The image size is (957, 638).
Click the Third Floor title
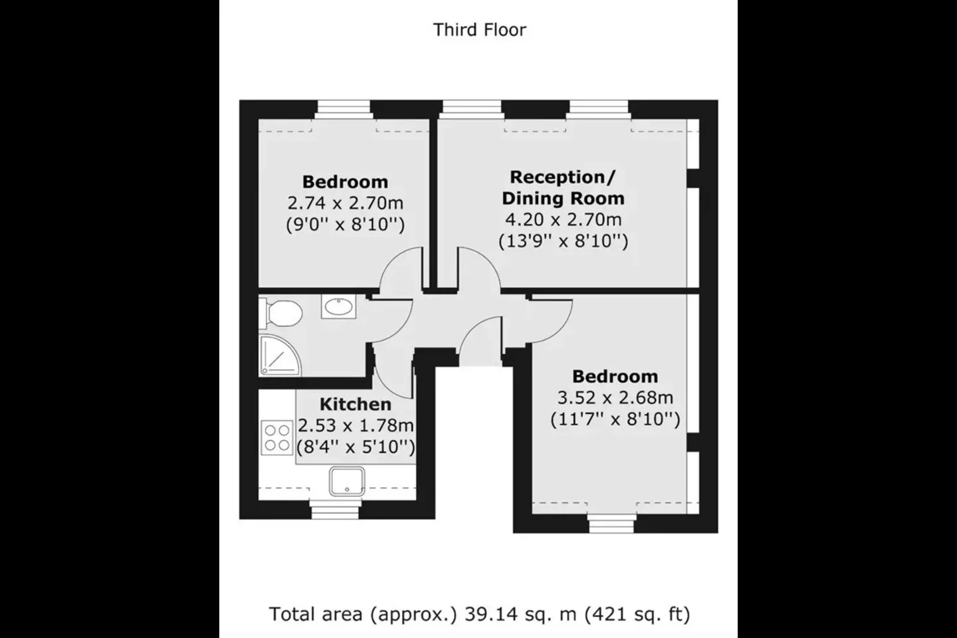click(x=479, y=30)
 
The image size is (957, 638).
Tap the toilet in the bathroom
click(x=280, y=313)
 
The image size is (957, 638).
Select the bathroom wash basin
click(x=338, y=306)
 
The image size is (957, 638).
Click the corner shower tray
click(x=279, y=356)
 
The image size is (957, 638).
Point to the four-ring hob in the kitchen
click(x=277, y=438)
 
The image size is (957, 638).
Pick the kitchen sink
click(x=347, y=481)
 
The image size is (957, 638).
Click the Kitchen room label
click(x=356, y=404)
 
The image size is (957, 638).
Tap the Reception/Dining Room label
click(x=563, y=187)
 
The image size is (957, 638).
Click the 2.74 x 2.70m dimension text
click(x=345, y=203)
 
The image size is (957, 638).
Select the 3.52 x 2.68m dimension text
click(x=615, y=398)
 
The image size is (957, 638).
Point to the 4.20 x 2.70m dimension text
click(x=563, y=220)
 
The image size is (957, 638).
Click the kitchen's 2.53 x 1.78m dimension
click(x=356, y=425)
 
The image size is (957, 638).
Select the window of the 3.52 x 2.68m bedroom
click(x=611, y=524)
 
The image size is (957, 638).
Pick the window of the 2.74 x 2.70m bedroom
click(x=344, y=110)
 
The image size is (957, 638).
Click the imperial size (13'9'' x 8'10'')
click(x=563, y=241)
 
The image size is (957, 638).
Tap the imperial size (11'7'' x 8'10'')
click(x=615, y=419)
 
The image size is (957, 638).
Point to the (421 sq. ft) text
click(x=637, y=615)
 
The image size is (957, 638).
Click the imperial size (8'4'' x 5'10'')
click(x=356, y=447)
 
